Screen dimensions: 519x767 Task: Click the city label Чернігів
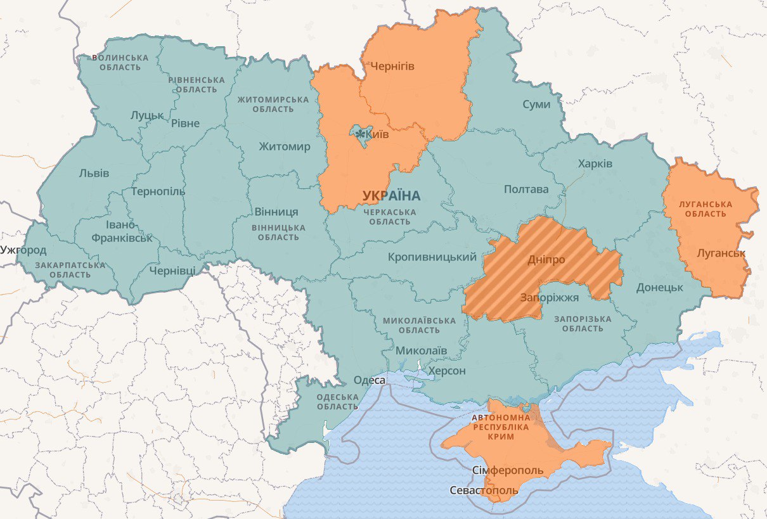click(392, 66)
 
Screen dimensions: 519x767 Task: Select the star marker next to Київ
click(361, 134)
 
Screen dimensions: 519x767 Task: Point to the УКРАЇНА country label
click(391, 196)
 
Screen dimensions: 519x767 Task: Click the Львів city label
click(94, 173)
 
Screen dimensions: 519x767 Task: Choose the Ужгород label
click(23, 250)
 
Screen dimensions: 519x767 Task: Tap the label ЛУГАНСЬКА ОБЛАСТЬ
click(705, 208)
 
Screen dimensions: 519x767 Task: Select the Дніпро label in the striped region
click(546, 260)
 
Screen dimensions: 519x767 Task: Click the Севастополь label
click(484, 490)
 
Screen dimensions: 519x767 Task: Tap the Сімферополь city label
click(508, 470)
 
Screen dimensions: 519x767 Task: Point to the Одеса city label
click(369, 380)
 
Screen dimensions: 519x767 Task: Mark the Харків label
click(595, 163)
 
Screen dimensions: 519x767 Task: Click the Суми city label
click(536, 105)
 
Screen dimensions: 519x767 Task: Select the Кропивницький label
click(432, 257)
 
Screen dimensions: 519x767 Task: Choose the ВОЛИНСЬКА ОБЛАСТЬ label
click(120, 62)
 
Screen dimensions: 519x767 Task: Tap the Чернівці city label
click(172, 271)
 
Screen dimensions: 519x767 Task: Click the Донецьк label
click(659, 287)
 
